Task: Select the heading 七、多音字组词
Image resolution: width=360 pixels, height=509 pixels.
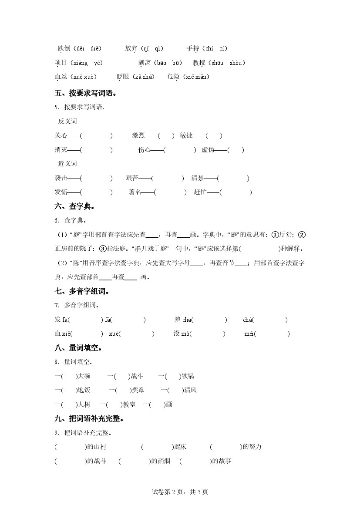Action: (81, 291)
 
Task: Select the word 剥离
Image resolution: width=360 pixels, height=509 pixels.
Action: (145, 63)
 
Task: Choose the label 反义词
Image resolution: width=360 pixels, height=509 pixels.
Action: (67, 121)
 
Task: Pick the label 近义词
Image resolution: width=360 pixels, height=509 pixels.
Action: (67, 164)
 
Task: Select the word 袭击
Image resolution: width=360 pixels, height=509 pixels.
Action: (61, 178)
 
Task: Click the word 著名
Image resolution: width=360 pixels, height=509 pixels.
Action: (135, 192)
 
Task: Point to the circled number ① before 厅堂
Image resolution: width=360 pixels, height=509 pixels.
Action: (275, 235)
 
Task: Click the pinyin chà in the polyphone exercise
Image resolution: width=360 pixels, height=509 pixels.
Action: (248, 320)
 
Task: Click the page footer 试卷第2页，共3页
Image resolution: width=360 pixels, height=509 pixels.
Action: (180, 492)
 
